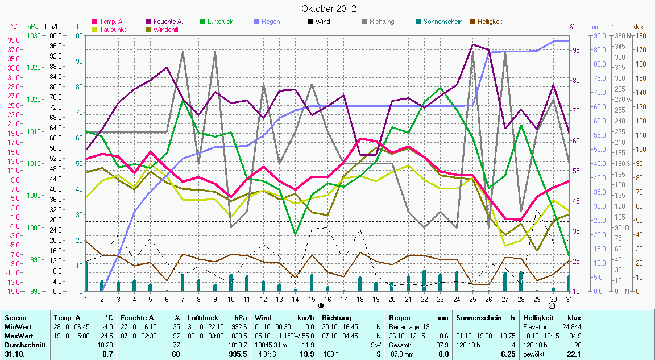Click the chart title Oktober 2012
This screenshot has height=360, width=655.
tap(329, 9)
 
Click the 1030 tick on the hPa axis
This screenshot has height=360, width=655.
tap(34, 35)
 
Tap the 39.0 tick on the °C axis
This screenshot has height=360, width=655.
tap(15, 40)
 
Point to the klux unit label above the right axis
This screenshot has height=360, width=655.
tap(637, 26)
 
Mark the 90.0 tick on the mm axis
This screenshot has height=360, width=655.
tap(596, 35)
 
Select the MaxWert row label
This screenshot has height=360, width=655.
tap(18, 336)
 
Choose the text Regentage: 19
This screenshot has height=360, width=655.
tap(409, 326)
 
